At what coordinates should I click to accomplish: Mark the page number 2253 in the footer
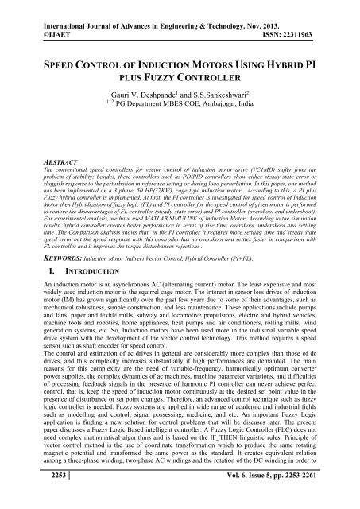click(27, 493)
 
